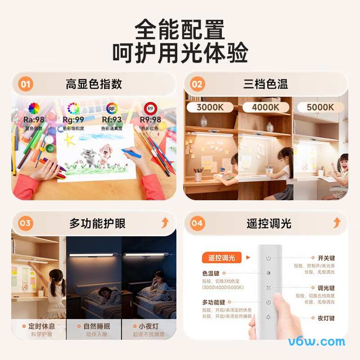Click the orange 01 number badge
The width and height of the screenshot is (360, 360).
26,84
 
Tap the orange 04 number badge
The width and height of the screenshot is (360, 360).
197,223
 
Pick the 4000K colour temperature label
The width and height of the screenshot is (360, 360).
265,107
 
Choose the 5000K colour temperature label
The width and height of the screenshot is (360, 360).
320,107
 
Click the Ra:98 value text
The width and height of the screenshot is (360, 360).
34,120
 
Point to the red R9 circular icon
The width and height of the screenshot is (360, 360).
150,108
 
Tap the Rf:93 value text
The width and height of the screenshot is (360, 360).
111,120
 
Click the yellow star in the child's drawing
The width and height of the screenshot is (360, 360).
69,140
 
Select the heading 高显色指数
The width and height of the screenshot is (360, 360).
94,84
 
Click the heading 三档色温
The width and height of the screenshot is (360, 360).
265,84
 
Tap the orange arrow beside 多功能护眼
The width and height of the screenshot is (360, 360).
165,222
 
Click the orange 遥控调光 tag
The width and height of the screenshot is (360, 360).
222,258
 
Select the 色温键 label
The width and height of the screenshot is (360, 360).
211,273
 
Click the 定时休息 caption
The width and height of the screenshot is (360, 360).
41,326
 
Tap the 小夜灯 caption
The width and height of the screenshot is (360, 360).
148,326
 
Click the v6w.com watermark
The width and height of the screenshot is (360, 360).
316,342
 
